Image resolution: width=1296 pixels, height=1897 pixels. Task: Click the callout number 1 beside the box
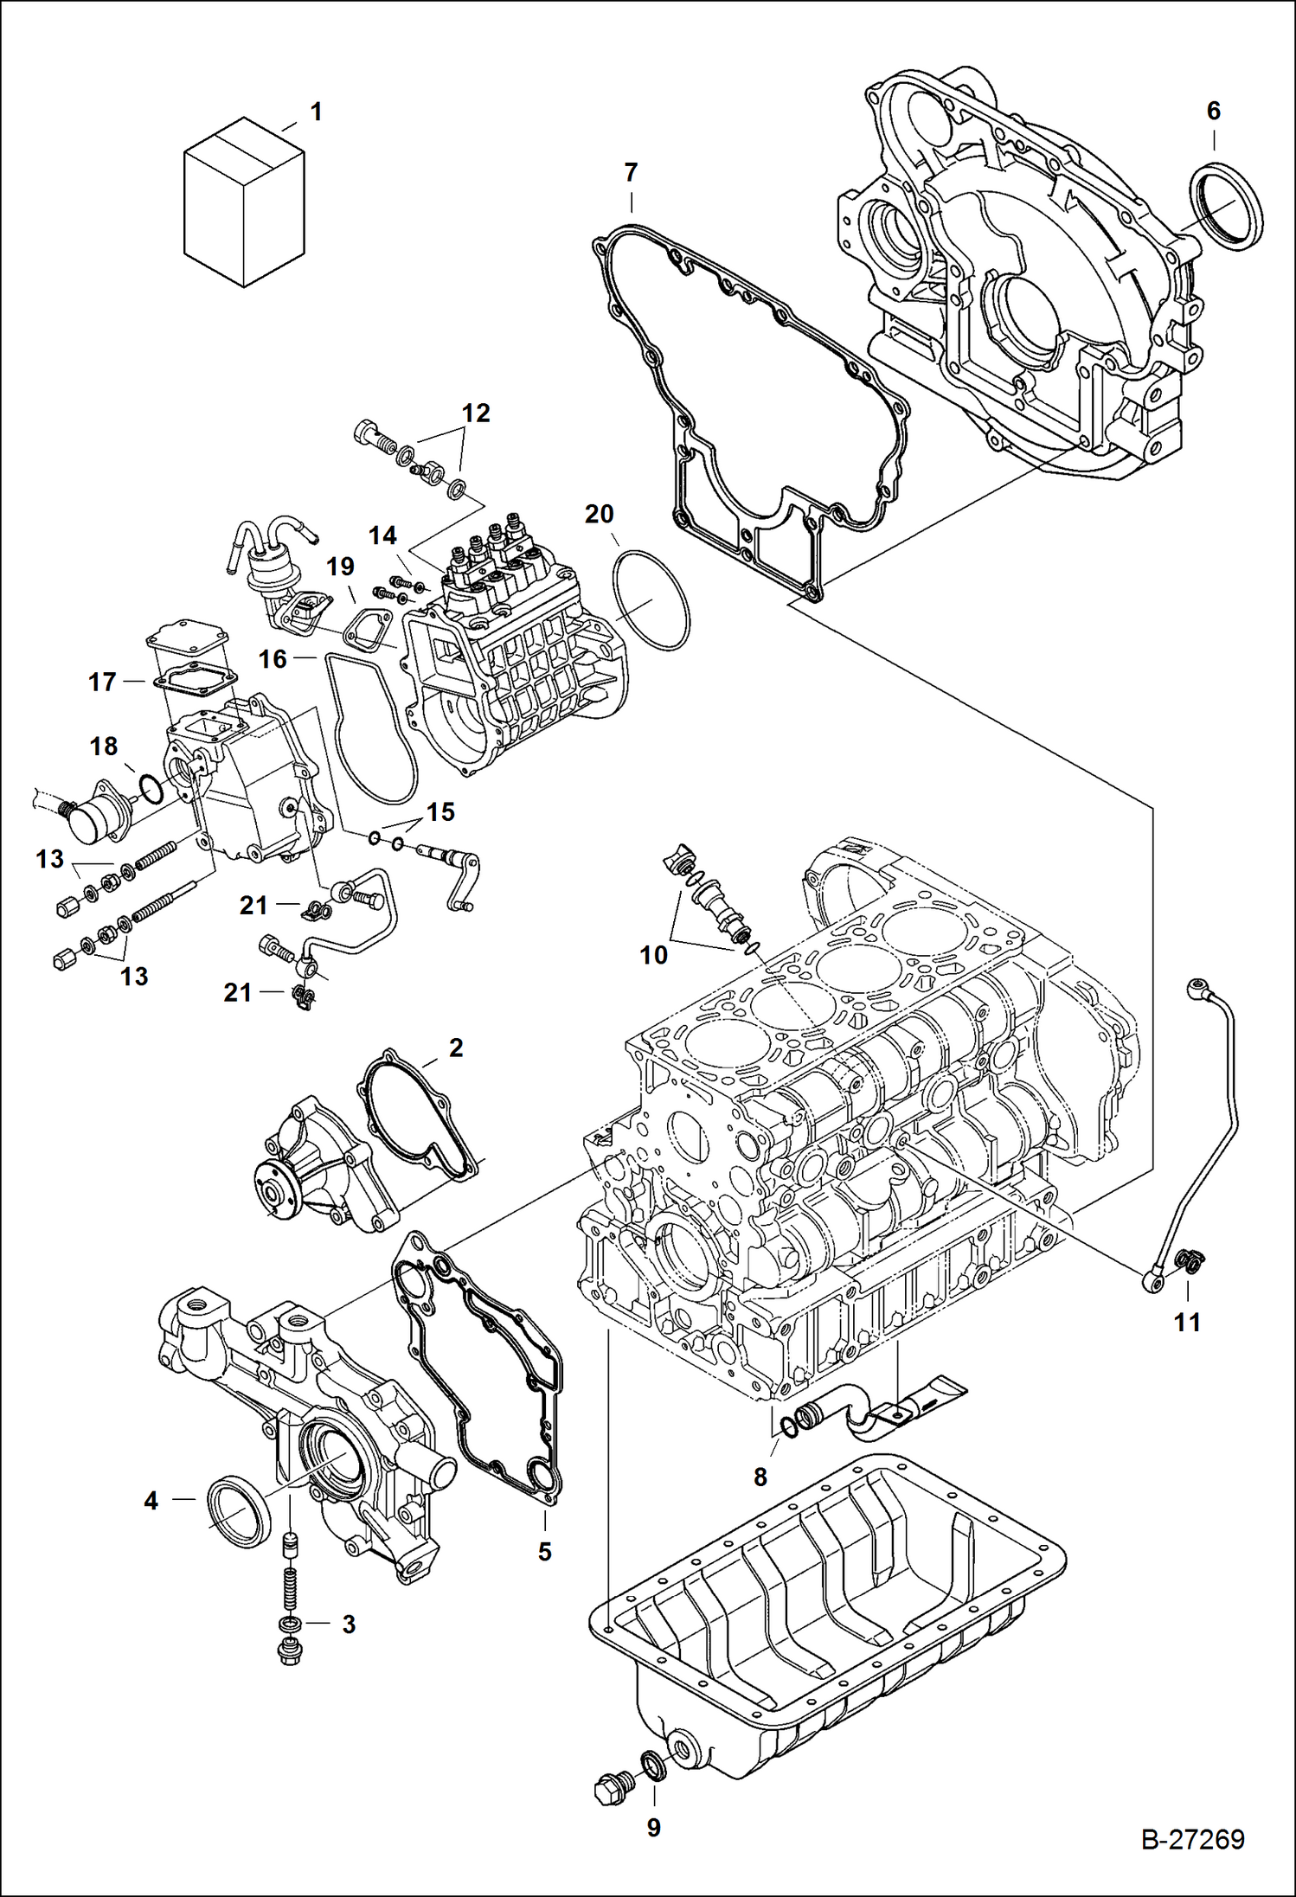click(316, 112)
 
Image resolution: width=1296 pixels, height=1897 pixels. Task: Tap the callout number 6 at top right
click(1213, 111)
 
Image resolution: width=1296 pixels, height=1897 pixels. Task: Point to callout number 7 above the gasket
click(631, 172)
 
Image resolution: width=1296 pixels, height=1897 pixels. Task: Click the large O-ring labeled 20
click(651, 599)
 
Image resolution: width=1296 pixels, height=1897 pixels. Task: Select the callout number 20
click(599, 514)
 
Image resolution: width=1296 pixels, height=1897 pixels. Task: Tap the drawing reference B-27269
click(1192, 1839)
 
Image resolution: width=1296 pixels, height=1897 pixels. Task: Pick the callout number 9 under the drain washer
click(653, 1827)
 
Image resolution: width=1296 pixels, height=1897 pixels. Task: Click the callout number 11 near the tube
click(1186, 1322)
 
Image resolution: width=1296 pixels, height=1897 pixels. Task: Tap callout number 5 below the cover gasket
click(544, 1551)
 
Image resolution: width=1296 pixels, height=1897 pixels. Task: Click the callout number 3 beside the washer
click(349, 1624)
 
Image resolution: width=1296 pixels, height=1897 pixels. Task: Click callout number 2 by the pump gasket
click(455, 1048)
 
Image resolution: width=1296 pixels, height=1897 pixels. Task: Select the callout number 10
click(653, 955)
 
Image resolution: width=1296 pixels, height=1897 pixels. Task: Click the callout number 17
click(102, 682)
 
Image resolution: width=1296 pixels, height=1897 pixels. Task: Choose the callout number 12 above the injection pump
click(475, 413)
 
